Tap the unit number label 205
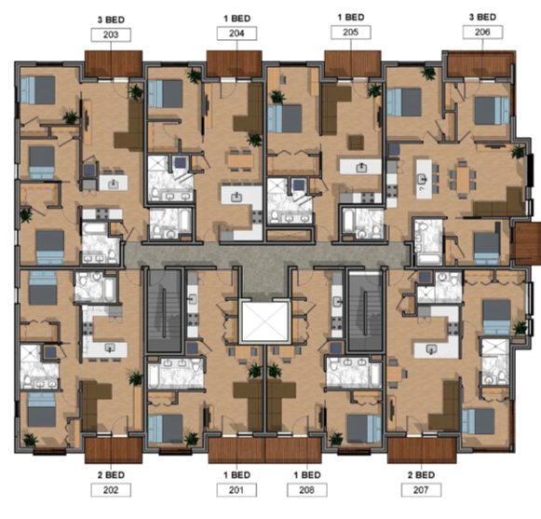pos(351,34)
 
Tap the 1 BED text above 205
pos(351,18)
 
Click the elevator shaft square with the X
pos(264,322)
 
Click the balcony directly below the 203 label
pos(113,62)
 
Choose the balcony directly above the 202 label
pos(111,449)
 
